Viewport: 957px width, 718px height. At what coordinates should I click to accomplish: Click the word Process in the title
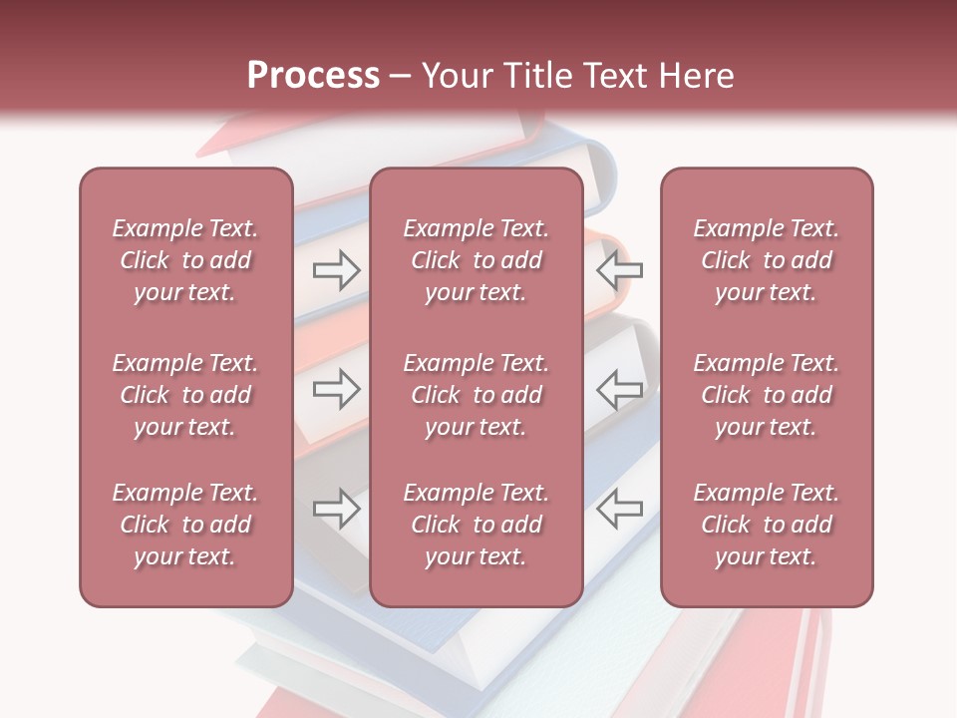click(313, 75)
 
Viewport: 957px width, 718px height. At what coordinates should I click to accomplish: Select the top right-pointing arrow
click(336, 269)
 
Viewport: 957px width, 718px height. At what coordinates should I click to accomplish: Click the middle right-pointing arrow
click(336, 389)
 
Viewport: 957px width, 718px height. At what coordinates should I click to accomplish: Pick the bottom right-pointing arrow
click(336, 509)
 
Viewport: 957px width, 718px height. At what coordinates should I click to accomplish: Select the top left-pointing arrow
click(619, 269)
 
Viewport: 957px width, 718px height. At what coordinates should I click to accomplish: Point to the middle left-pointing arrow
click(619, 389)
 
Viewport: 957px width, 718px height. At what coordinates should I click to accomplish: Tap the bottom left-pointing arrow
click(619, 509)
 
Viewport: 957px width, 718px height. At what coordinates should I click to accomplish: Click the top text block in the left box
click(185, 260)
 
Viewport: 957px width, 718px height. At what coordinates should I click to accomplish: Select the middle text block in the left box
click(185, 395)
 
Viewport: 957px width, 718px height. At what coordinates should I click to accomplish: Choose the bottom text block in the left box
click(185, 525)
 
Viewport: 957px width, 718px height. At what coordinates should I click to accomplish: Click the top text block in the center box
click(476, 260)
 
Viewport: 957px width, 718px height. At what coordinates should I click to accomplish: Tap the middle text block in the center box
click(476, 395)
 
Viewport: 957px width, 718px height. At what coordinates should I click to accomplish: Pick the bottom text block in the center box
click(476, 525)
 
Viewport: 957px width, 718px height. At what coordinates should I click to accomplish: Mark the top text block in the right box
click(766, 260)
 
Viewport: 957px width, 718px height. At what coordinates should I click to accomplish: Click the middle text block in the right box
click(766, 395)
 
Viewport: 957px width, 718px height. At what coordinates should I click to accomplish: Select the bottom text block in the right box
click(766, 525)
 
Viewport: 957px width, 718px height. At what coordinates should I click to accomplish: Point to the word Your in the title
click(456, 75)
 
